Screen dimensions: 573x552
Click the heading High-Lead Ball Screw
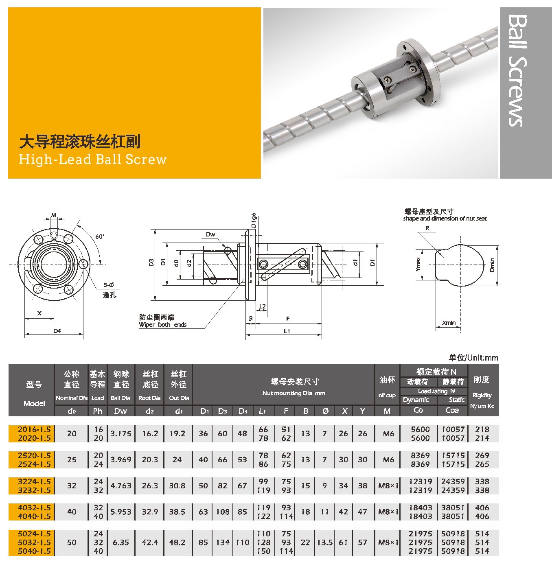[x=93, y=159]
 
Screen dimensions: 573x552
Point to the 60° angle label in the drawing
[x=100, y=236]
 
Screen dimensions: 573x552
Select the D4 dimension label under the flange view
[x=57, y=331]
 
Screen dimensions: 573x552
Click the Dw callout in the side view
[x=210, y=234]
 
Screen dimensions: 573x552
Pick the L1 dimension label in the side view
[x=287, y=331]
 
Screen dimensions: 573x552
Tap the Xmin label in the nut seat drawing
[x=449, y=323]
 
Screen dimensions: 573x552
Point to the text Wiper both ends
[x=162, y=325]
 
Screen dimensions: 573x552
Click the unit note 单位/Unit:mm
[x=473, y=358]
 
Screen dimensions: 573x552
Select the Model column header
[x=34, y=403]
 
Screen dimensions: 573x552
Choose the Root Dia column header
[x=149, y=398]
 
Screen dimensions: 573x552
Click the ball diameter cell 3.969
[x=121, y=460]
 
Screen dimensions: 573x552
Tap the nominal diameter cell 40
[x=72, y=512]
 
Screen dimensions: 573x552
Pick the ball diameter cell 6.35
[x=121, y=542]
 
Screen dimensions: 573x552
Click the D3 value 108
[x=223, y=512]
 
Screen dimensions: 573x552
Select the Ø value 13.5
[x=325, y=542]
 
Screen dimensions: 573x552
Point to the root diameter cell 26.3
[x=150, y=486]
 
